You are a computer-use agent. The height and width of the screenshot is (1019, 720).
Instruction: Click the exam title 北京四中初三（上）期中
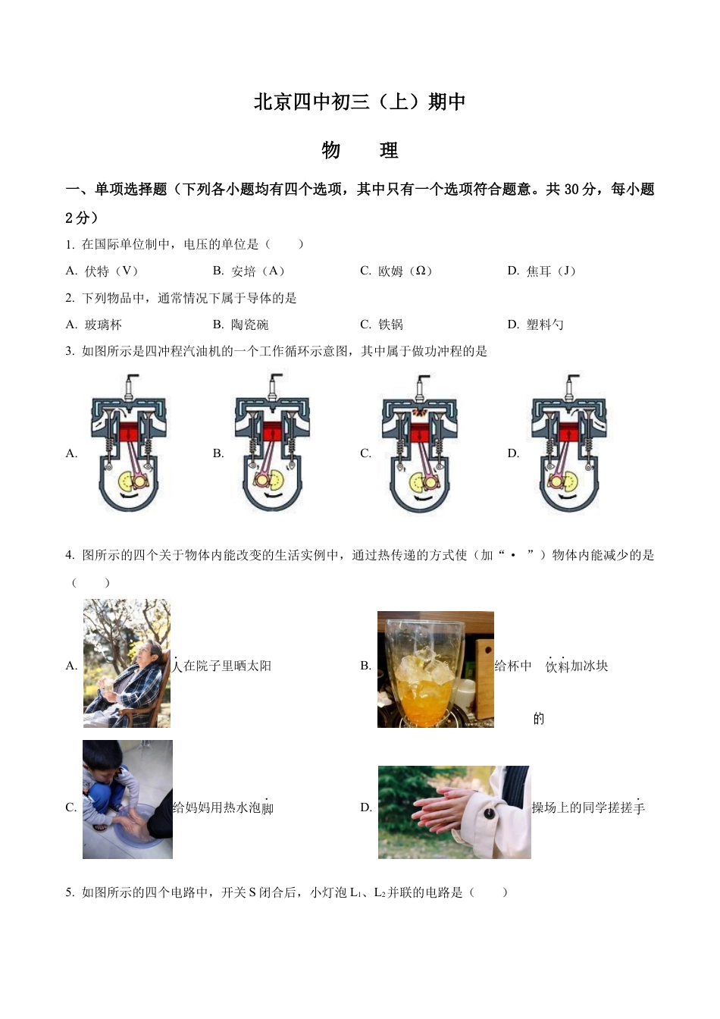(359, 102)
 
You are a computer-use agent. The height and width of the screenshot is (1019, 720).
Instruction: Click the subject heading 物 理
(359, 150)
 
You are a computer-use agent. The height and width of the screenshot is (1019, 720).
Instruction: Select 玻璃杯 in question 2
(103, 325)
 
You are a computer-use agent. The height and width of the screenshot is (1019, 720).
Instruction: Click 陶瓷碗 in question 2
(249, 325)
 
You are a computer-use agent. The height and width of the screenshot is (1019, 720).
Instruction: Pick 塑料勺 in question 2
(545, 325)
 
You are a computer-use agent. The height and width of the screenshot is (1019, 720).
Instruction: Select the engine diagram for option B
(271, 444)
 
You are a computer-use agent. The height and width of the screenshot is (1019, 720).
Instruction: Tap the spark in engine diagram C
(418, 412)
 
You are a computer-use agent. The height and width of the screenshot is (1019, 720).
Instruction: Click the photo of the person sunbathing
(127, 663)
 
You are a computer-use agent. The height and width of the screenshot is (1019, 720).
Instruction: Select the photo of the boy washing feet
(127, 799)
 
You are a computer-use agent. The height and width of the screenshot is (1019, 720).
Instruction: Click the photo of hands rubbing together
(454, 812)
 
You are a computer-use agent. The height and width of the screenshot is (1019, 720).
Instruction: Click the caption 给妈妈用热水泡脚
(223, 808)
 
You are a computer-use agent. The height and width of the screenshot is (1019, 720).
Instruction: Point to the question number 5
(70, 892)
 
